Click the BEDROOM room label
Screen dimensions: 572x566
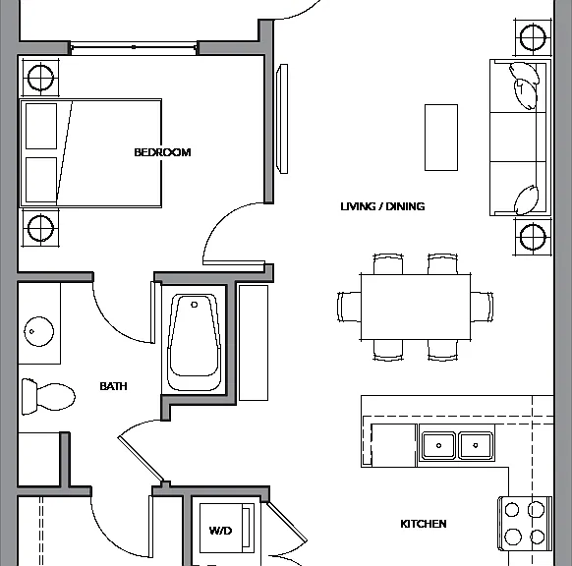point(162,152)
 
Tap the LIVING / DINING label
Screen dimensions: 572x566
point(382,206)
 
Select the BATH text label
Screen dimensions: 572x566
point(113,386)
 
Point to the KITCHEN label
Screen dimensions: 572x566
point(424,524)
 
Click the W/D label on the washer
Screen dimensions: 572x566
point(220,531)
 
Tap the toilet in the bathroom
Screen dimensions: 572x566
point(48,397)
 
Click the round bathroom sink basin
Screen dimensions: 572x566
point(38,331)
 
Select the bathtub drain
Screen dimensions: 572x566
point(194,305)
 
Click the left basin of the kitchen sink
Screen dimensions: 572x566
point(438,445)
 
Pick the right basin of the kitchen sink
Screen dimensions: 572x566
point(476,445)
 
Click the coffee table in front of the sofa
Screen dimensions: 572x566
point(441,138)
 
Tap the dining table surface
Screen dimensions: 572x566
point(416,308)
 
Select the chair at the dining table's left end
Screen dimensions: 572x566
point(350,307)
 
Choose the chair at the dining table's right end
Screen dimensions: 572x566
point(482,307)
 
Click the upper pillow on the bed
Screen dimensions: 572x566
point(41,126)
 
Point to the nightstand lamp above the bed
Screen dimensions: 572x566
point(40,78)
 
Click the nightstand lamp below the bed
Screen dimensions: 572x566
point(40,228)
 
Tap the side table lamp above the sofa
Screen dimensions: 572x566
point(533,37)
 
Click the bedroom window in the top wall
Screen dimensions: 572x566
point(134,47)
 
